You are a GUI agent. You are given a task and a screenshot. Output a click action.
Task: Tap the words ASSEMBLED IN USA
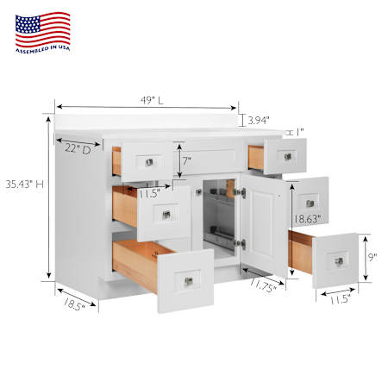coord(43,49)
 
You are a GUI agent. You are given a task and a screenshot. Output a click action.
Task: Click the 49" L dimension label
coord(152,100)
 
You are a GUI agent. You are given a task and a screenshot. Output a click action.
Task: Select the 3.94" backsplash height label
coord(259,121)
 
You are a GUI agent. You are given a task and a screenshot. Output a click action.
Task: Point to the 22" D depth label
coord(78,149)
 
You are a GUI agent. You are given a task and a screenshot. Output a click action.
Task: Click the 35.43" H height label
coord(25,184)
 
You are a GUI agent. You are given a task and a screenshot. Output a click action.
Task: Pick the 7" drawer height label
coord(187,161)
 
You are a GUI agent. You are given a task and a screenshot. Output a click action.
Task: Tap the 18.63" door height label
coord(307,219)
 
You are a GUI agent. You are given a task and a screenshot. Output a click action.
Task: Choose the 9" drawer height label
coord(372,257)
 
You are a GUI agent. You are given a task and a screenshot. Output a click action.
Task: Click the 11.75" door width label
coord(263,285)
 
